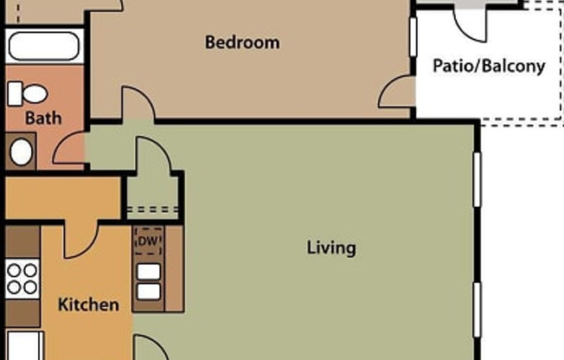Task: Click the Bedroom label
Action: pos(241,42)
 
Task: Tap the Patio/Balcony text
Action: pos(490,66)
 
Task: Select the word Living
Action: pos(331,248)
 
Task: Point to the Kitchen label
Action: pos(87,305)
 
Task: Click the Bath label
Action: pos(42,117)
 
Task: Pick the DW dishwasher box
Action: pos(149,241)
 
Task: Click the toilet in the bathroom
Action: pos(32,92)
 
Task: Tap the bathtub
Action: pos(44,46)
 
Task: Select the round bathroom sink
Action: pos(21,152)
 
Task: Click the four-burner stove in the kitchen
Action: pos(22,280)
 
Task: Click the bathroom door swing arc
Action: pos(69,149)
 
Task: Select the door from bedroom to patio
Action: pos(398,91)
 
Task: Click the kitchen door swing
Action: pos(83,238)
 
